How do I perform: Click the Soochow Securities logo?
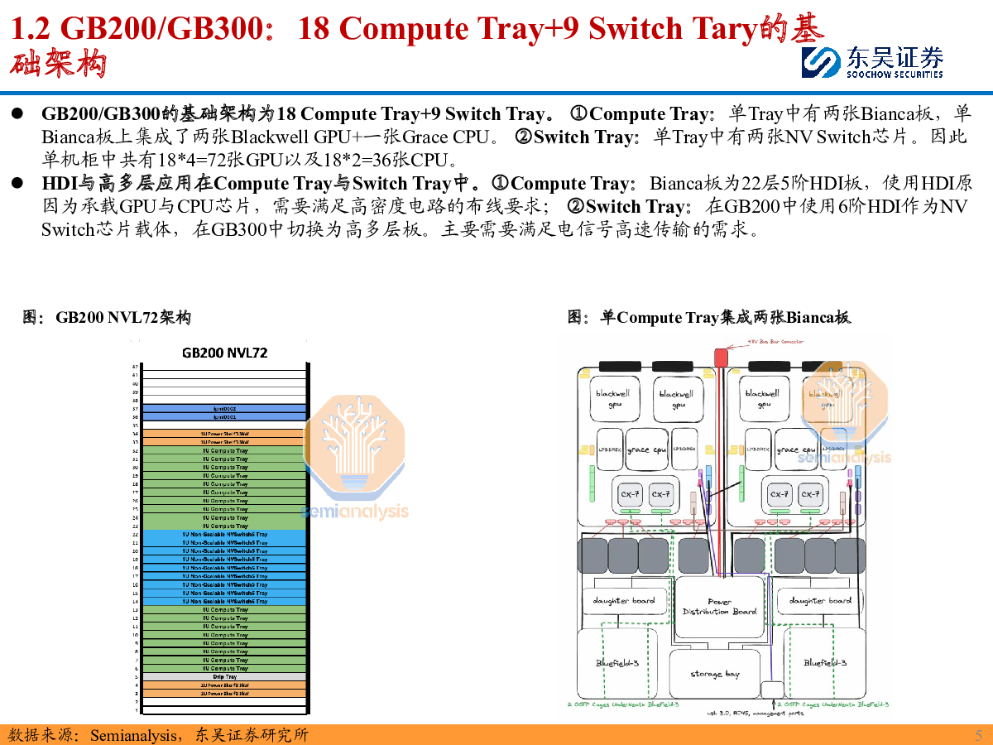872,62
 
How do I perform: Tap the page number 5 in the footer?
978,735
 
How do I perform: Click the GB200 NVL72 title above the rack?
224,353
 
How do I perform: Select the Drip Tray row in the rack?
224,677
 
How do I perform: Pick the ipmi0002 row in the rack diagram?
224,408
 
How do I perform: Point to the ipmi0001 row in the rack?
224,417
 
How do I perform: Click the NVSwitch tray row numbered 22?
224,535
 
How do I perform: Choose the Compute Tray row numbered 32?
224,450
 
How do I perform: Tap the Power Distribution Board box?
719,607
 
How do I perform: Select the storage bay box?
715,675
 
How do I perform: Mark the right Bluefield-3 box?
824,663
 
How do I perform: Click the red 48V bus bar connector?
720,357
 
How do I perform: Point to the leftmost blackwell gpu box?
612,399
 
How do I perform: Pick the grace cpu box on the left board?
647,450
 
